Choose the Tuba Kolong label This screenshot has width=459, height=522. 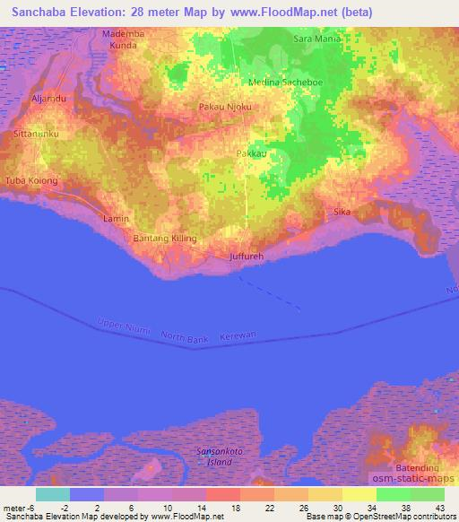(x=31, y=180)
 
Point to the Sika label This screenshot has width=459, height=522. (x=341, y=212)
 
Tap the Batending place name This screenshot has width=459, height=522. (x=417, y=468)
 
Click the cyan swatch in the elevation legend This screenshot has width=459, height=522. (x=52, y=494)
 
